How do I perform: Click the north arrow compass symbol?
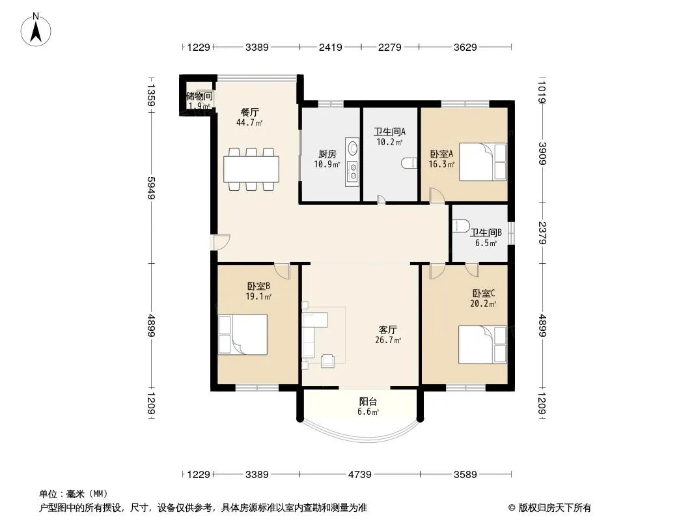pyautogui.click(x=36, y=30)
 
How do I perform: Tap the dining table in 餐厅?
pyautogui.click(x=251, y=169)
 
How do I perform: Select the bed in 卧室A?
pyautogui.click(x=482, y=162)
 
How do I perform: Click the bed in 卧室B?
pyautogui.click(x=243, y=334)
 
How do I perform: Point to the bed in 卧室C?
pyautogui.click(x=482, y=345)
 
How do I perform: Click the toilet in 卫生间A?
pyautogui.click(x=409, y=163)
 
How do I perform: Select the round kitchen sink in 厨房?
pyautogui.click(x=353, y=148)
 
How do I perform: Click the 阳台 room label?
pyautogui.click(x=368, y=401)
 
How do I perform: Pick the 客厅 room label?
pyautogui.click(x=388, y=330)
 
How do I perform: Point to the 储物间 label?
pyautogui.click(x=199, y=96)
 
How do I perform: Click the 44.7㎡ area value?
pyautogui.click(x=249, y=122)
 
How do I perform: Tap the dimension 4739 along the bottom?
pyautogui.click(x=360, y=475)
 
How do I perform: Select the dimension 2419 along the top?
pyautogui.click(x=331, y=47)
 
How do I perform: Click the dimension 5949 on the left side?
pyautogui.click(x=151, y=188)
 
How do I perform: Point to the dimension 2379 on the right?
pyautogui.click(x=542, y=232)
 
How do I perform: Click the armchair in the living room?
pyautogui.click(x=327, y=361)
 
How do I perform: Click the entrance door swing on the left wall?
pyautogui.click(x=221, y=242)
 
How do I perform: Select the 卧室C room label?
pyautogui.click(x=483, y=293)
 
